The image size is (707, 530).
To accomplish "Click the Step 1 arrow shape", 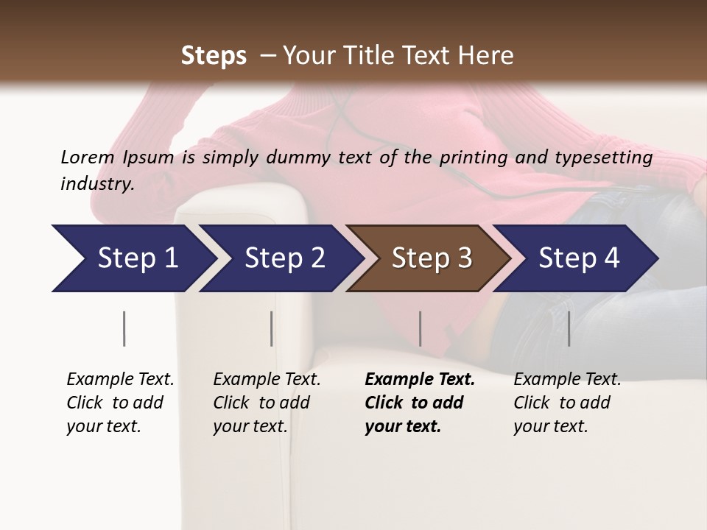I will (x=133, y=258).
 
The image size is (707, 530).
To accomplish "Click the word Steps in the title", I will (x=214, y=56).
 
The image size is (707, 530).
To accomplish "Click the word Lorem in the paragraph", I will (x=87, y=157).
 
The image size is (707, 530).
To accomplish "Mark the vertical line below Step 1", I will (x=124, y=328).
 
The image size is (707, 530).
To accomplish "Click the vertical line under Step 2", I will (x=272, y=328).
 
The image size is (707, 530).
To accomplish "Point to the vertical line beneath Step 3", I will (x=420, y=328).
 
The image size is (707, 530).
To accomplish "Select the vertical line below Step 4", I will (x=569, y=328).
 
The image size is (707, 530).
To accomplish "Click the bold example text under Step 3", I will (x=419, y=403).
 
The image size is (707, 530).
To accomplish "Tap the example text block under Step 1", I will (x=120, y=403).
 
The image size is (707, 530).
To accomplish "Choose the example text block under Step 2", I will (x=267, y=403).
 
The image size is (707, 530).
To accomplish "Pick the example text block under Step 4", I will (x=567, y=403).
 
